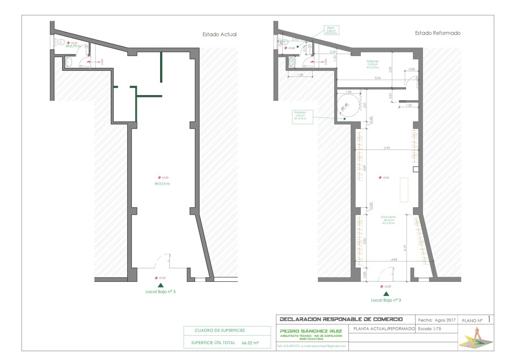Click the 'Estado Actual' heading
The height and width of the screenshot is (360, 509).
click(x=219, y=35)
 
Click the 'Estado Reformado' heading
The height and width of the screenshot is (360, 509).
click(x=437, y=33)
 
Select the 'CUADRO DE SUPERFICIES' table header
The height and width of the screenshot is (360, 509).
click(x=220, y=330)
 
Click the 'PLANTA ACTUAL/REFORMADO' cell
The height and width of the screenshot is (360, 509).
click(x=382, y=328)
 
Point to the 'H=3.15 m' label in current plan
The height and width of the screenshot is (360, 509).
click(x=163, y=183)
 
